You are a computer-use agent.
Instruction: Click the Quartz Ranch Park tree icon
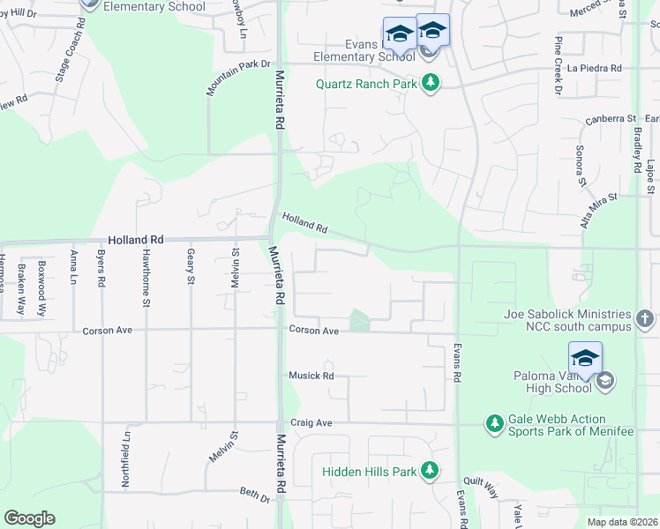[431, 85]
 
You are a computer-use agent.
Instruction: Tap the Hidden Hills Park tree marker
[430, 471]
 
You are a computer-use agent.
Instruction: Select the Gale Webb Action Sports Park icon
[495, 425]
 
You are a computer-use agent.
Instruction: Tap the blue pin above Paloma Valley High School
[585, 358]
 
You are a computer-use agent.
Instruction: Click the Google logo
[29, 518]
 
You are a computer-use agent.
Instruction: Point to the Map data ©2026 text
[622, 522]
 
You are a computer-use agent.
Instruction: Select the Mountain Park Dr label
[238, 77]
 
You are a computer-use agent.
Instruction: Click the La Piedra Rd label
[595, 68]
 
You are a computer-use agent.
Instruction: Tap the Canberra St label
[612, 118]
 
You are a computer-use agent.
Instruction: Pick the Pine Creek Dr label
[559, 66]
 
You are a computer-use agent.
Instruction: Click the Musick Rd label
[311, 376]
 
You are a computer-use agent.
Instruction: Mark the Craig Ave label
[311, 423]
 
